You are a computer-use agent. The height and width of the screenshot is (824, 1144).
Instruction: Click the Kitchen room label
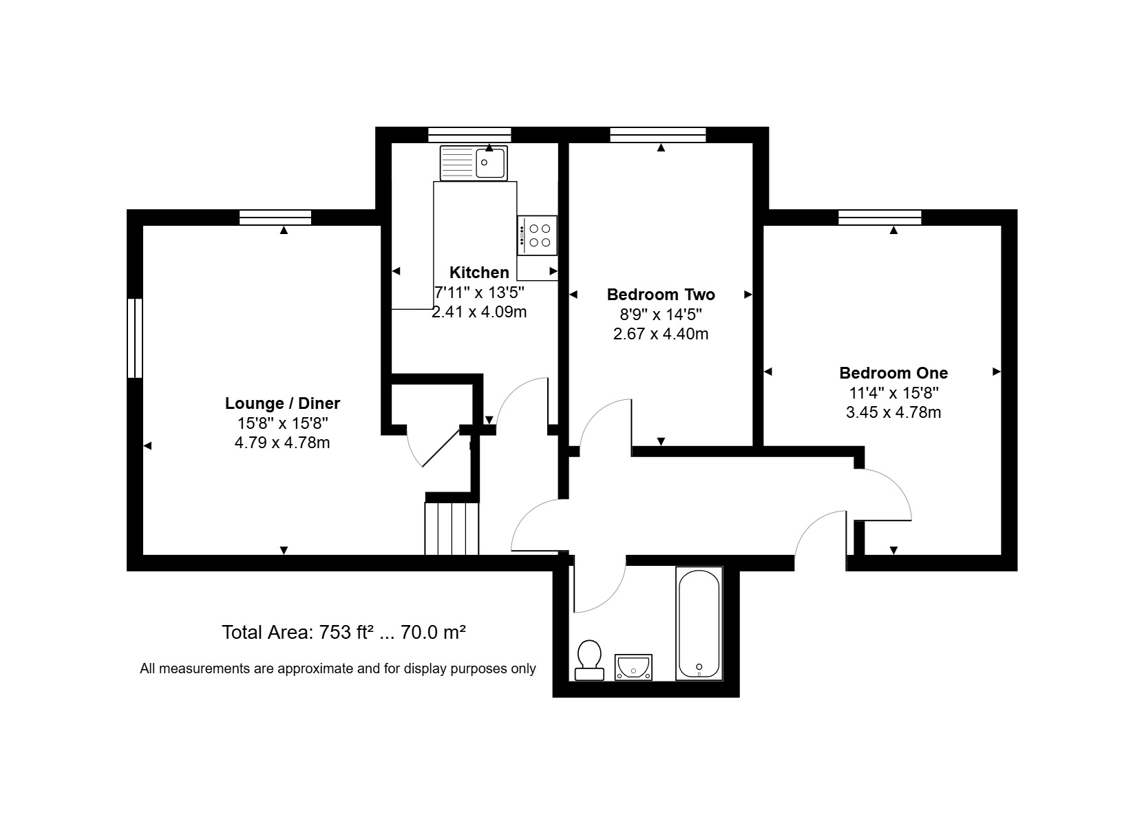coord(479,273)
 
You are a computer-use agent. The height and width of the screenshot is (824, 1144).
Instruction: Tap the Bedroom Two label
coord(661,295)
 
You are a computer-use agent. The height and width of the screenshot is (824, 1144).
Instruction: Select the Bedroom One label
coord(893,373)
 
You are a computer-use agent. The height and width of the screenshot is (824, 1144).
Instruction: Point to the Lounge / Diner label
coord(282,403)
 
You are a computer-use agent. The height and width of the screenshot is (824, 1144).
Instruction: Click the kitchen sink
coord(474,163)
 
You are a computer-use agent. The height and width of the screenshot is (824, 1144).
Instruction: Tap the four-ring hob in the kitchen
coord(537,235)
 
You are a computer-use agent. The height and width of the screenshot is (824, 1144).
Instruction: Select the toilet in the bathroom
coord(589,660)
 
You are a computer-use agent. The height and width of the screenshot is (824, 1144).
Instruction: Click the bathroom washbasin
coord(633,667)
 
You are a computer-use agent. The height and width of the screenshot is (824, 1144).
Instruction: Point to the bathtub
coord(699,623)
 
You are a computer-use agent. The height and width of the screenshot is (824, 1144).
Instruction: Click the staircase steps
coord(452,529)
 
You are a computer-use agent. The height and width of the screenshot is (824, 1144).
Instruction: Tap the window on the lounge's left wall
coord(135,338)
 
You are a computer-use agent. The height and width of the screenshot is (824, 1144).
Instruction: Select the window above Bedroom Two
coord(658,135)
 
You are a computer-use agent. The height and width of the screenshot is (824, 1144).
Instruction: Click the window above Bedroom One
coord(880,218)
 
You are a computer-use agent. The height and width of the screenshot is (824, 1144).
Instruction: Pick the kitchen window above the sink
coord(469,135)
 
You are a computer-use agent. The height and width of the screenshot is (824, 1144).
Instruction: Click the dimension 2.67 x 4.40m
coord(661,334)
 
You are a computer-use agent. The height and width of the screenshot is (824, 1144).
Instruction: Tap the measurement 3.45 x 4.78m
coord(893,412)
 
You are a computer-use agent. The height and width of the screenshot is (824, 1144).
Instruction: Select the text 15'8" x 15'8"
coord(282,423)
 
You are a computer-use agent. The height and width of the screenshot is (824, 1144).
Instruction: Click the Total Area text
coord(343,633)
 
